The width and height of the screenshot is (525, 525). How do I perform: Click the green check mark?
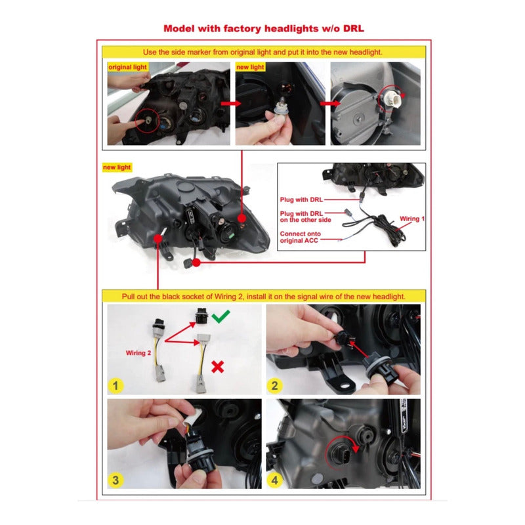[x=221, y=316]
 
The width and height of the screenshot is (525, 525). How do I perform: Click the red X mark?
[x=218, y=367]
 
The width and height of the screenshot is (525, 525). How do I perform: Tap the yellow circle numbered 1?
[x=115, y=385]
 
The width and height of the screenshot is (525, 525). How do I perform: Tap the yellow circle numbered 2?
[x=274, y=385]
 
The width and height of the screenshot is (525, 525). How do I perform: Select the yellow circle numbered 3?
[x=115, y=480]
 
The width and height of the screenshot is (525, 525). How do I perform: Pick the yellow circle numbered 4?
[x=274, y=480]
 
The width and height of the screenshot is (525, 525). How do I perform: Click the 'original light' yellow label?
[x=127, y=67]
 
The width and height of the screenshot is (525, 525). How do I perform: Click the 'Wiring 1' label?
[x=412, y=219]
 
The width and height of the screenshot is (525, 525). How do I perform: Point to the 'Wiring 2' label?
[x=138, y=353]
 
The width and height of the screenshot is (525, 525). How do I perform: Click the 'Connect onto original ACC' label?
[x=301, y=237]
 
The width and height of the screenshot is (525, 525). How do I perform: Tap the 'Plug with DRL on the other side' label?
[x=305, y=217]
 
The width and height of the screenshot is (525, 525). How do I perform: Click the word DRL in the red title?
[x=354, y=28]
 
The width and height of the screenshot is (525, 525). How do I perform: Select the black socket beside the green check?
[x=201, y=316]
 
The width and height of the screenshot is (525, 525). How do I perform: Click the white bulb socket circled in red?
[x=392, y=97]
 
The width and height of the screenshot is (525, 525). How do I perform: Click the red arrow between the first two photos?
[x=231, y=103]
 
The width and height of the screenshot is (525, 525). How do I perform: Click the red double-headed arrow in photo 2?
[x=359, y=349]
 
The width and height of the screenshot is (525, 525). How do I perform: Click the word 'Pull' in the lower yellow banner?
[x=129, y=297]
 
